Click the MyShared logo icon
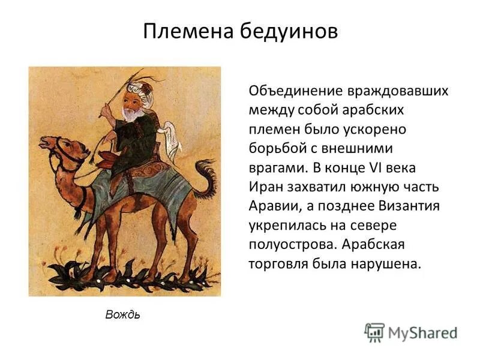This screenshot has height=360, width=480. click(374, 332)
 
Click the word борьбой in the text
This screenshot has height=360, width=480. click(276, 148)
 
